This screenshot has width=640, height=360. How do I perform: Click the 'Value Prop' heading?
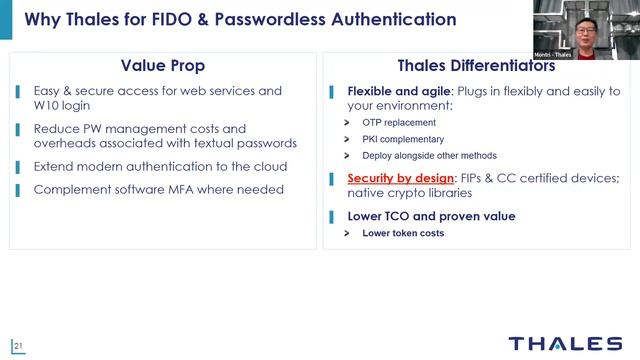click(x=162, y=66)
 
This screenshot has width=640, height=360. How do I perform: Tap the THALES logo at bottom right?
click(x=564, y=343)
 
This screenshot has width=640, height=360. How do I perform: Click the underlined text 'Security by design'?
click(x=394, y=178)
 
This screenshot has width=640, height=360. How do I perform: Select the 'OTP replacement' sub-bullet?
click(x=400, y=122)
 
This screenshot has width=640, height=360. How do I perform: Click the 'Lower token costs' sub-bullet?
click(x=403, y=233)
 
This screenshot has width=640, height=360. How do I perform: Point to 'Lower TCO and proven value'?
click(x=431, y=216)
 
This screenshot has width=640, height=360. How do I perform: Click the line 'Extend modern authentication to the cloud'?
click(x=160, y=166)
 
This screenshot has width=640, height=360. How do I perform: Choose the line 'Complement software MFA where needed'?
click(x=158, y=189)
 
